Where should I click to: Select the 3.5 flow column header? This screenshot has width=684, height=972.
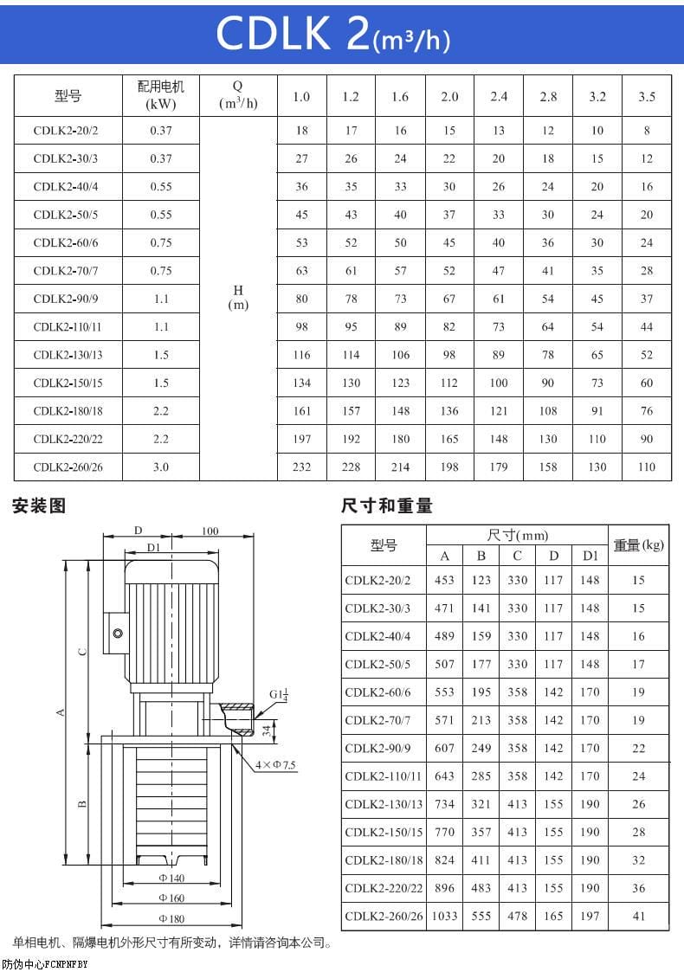(647, 96)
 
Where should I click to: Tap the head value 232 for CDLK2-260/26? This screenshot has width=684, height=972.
(301, 467)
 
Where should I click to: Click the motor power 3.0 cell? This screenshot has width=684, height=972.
(161, 467)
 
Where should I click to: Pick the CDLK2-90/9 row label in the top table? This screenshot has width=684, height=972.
(66, 299)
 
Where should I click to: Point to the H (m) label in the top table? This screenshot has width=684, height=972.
(238, 299)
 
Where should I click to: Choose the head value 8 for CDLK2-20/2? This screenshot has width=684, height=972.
(647, 131)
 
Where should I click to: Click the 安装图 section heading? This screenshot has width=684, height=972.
(39, 505)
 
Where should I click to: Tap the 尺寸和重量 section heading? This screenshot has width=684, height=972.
(386, 505)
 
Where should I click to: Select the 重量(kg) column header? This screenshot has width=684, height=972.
(638, 544)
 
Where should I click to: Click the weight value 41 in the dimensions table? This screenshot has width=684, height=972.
(638, 916)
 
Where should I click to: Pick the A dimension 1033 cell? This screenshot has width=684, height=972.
(444, 916)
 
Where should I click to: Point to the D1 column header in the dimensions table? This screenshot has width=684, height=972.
(590, 556)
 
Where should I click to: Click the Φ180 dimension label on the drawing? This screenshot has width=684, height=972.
(172, 917)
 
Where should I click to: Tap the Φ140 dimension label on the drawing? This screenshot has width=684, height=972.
(172, 878)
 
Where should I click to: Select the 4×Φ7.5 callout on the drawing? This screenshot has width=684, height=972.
(275, 765)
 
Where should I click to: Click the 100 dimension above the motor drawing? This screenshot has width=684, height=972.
(210, 531)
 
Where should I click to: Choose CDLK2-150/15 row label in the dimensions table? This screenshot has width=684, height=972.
(384, 832)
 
